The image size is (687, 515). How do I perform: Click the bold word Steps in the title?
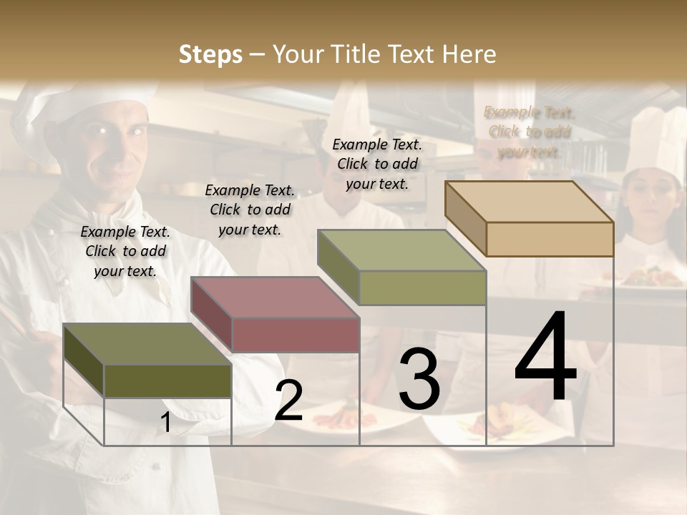[x=210, y=54]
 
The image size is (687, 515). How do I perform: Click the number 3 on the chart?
[x=419, y=379]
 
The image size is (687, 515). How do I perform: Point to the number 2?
[x=289, y=401]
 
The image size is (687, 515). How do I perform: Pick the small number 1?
[x=166, y=423]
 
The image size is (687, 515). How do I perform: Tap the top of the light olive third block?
[x=402, y=250]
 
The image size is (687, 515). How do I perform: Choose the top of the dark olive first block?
[x=147, y=344]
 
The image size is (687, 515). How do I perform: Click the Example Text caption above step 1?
[x=125, y=251]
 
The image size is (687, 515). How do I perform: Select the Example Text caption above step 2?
[x=250, y=210]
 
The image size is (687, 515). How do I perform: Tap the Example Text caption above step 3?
[x=377, y=164]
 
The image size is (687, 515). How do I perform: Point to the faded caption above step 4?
[x=530, y=132]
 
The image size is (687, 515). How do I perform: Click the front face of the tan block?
[x=550, y=239]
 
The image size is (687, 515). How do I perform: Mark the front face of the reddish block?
[x=296, y=335]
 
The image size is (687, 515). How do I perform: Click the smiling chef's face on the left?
[x=114, y=150]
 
